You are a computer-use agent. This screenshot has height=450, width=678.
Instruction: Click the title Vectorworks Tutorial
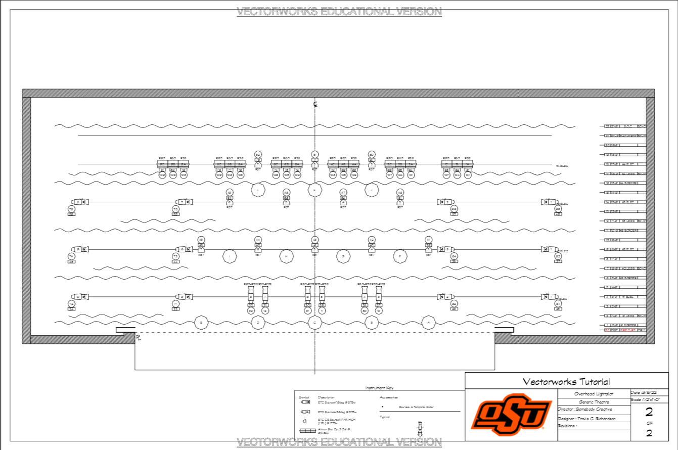click(566, 382)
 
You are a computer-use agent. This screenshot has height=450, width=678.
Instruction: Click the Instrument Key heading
click(379, 388)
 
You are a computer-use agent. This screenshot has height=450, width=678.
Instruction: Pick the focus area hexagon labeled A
click(429, 322)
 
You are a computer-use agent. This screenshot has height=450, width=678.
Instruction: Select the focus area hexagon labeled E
click(201, 322)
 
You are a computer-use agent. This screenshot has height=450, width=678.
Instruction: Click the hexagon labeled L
click(258, 190)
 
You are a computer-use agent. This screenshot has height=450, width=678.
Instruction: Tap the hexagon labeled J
click(372, 190)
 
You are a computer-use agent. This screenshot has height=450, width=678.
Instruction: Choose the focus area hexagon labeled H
click(286, 257)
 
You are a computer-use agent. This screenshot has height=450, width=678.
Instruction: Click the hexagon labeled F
click(400, 257)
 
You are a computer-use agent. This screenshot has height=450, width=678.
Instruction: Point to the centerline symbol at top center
click(315, 105)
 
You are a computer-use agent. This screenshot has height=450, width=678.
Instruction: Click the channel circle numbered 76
click(175, 209)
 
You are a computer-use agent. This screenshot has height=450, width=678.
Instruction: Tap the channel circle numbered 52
click(258, 155)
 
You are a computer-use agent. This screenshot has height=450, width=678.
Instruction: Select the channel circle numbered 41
click(428, 240)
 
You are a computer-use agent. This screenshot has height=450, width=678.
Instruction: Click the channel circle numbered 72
click(71, 304)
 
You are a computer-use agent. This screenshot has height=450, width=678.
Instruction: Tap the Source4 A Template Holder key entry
click(416, 407)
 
